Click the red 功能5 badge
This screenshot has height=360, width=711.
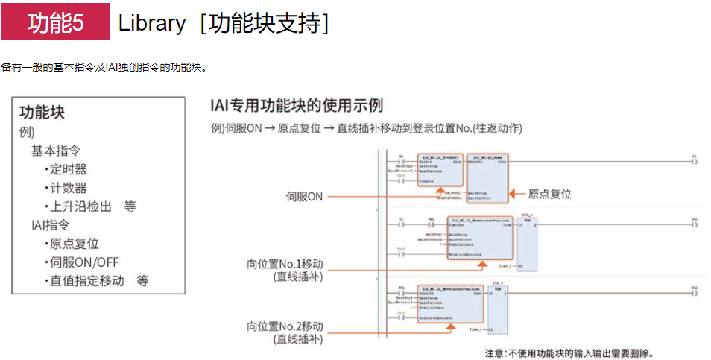tap(55, 23)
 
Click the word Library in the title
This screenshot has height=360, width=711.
tap(151, 23)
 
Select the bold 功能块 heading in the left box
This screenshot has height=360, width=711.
tap(42, 113)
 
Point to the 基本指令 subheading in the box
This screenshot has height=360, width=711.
tap(55, 151)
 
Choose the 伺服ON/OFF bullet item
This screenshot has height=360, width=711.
tap(81, 262)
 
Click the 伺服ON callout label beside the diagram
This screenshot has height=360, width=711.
tap(304, 197)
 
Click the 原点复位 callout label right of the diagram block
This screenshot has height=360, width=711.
tap(549, 194)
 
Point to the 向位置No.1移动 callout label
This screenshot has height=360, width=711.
tap(285, 264)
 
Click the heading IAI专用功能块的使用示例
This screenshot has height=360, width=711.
tap(297, 105)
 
